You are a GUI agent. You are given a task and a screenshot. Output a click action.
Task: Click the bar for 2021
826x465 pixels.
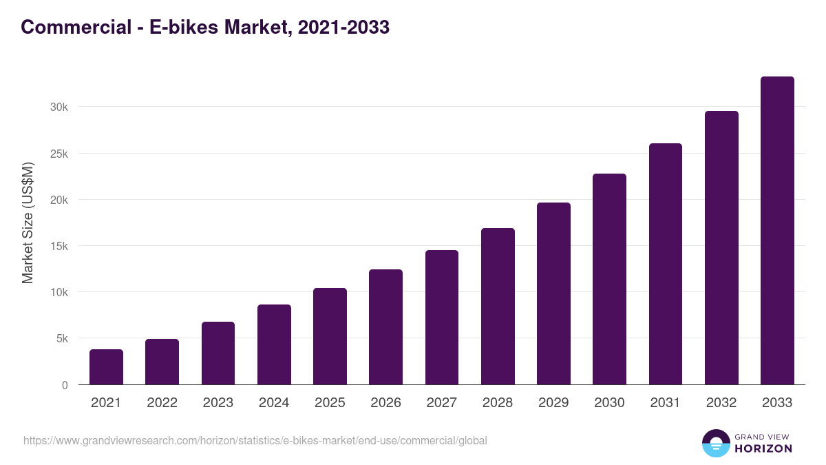pos(106,367)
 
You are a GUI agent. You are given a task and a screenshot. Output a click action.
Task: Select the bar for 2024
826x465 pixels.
pos(274,344)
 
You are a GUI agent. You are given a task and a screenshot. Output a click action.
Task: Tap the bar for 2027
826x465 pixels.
pos(442,318)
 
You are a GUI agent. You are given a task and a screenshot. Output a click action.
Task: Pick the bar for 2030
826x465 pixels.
pos(609,279)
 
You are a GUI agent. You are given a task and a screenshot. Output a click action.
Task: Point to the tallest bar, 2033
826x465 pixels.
pos(777,231)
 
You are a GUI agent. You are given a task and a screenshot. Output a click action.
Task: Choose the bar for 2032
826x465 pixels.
pos(721,248)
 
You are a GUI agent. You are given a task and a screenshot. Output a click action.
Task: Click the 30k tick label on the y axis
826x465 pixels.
pos(59,107)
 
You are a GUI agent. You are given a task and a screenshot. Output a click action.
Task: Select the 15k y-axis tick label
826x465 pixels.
pos(59,246)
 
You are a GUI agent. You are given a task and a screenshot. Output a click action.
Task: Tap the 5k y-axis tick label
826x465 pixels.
pos(61,339)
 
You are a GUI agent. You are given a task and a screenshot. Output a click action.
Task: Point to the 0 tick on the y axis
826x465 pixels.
pos(65,385)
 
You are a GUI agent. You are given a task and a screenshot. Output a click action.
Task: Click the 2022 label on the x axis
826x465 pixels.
pos(162,403)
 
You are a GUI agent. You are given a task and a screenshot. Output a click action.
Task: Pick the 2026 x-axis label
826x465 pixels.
pos(385,403)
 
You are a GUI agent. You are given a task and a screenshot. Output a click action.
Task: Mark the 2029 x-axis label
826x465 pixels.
pos(553,403)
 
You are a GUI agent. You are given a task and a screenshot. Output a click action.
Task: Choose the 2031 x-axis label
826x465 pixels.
pos(666,403)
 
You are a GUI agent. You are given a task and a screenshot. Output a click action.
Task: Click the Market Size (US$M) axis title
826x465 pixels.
pos(28,223)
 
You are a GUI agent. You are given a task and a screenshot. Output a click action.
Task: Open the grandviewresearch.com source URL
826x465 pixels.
pos(255,440)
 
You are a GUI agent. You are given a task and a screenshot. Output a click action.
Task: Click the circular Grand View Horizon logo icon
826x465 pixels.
pos(715,443)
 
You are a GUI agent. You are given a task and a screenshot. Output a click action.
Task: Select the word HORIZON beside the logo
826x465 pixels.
pos(763,448)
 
